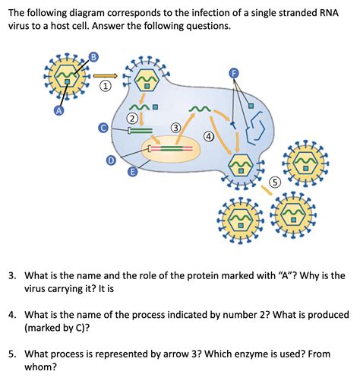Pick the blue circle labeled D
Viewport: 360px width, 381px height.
111,160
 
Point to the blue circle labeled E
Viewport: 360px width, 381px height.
132,172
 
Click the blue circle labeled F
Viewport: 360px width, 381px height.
234,72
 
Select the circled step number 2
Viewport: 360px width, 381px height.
132,118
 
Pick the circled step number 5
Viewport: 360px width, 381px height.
276,182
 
